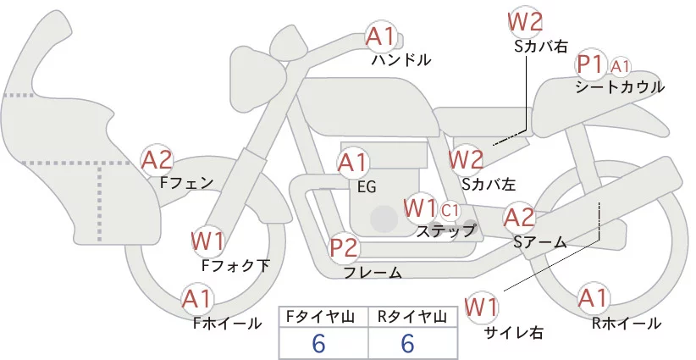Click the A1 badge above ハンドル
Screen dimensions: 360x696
click(380, 36)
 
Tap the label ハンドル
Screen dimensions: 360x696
click(401, 60)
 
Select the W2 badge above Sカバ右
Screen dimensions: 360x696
click(525, 21)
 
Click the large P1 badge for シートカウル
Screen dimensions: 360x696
click(589, 64)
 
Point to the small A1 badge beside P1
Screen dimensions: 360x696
click(621, 65)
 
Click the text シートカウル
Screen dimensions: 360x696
click(619, 86)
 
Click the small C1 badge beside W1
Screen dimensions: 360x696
click(450, 208)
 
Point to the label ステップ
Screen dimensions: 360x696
click(446, 230)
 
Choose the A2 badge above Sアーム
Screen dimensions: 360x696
click(520, 218)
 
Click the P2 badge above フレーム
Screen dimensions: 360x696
click(345, 249)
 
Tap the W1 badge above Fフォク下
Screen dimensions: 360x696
click(207, 241)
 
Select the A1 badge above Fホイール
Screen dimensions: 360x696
click(198, 299)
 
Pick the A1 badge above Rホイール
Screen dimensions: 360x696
click(593, 298)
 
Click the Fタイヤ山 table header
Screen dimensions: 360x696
click(324, 317)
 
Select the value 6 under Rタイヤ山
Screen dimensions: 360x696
click(407, 343)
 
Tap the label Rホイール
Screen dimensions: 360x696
click(627, 323)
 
